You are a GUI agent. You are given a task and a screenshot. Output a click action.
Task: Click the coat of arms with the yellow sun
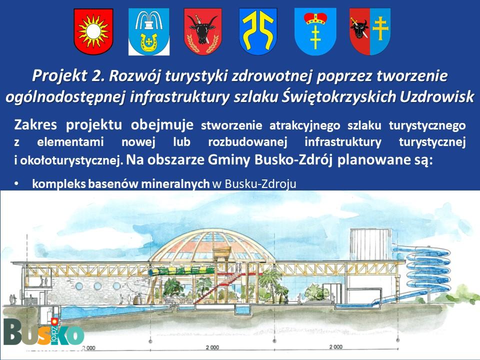[93, 31]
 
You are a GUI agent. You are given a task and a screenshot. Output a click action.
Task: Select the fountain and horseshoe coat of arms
[149, 31]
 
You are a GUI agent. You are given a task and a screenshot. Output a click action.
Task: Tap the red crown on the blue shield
[315, 18]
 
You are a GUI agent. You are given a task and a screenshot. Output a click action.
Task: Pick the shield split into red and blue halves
[370, 31]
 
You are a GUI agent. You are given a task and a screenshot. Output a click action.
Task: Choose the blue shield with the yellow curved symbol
[258, 31]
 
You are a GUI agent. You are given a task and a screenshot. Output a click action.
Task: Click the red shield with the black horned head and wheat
[202, 31]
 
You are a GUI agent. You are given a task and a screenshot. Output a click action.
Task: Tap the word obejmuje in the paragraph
[162, 125]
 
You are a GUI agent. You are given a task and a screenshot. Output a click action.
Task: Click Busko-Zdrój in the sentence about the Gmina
[293, 159]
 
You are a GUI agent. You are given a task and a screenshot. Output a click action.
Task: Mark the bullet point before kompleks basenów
[16, 183]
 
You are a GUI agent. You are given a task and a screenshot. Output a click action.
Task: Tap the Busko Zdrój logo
[44, 332]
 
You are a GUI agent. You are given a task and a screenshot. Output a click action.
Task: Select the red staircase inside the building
[220, 286]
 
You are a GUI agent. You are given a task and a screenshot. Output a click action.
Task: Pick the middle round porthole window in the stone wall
[97, 286]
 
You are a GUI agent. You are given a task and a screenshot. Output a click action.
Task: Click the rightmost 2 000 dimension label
[336, 347]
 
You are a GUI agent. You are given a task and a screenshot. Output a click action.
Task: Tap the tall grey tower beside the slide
[370, 244]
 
